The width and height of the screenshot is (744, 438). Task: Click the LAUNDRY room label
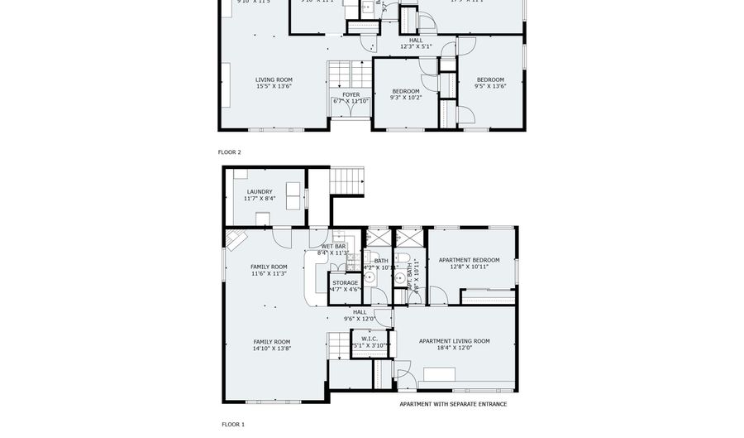pos(259,191)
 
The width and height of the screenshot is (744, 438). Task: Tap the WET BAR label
pos(333,246)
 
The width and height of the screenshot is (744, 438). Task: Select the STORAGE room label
pos(346,283)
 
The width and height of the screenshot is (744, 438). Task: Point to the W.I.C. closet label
pos(369,338)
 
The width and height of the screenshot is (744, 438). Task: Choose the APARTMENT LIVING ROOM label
pos(454,341)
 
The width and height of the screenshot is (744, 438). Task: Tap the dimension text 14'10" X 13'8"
pos(271,349)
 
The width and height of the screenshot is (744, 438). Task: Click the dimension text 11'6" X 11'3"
pos(269,273)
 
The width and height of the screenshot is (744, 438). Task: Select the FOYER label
pos(351,94)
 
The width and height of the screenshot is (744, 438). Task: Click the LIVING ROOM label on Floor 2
pos(274,79)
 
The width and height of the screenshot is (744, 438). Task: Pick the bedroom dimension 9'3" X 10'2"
pos(406,98)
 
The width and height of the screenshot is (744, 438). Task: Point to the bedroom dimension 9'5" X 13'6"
pos(489,86)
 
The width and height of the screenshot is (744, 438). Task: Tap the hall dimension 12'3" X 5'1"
pos(416,46)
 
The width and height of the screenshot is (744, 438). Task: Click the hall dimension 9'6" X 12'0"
pos(360,319)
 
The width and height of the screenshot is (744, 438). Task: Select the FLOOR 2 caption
pos(230,152)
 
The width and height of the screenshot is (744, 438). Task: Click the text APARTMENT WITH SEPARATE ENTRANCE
pos(453,404)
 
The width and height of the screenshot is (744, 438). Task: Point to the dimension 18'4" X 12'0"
pos(454,349)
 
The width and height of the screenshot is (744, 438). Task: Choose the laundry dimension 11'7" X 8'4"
pos(260,199)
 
